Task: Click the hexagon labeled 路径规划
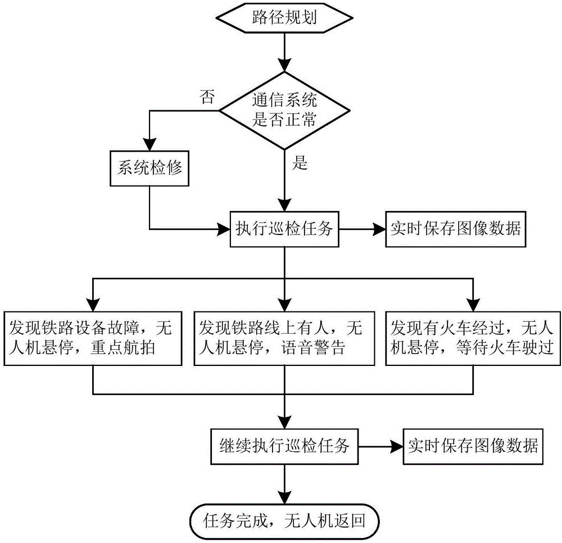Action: pos(285,19)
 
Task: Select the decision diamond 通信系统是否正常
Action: pos(285,111)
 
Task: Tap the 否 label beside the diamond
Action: pos(207,97)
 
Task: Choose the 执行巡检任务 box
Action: pos(285,229)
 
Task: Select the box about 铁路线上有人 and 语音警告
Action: pos(285,336)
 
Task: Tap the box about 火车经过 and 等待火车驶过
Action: pos(472,336)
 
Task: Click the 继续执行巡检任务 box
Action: pos(285,447)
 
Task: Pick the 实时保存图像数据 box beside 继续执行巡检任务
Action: pos(472,447)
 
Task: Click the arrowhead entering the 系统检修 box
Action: pos(150,144)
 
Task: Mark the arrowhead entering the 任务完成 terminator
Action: pos(285,498)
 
